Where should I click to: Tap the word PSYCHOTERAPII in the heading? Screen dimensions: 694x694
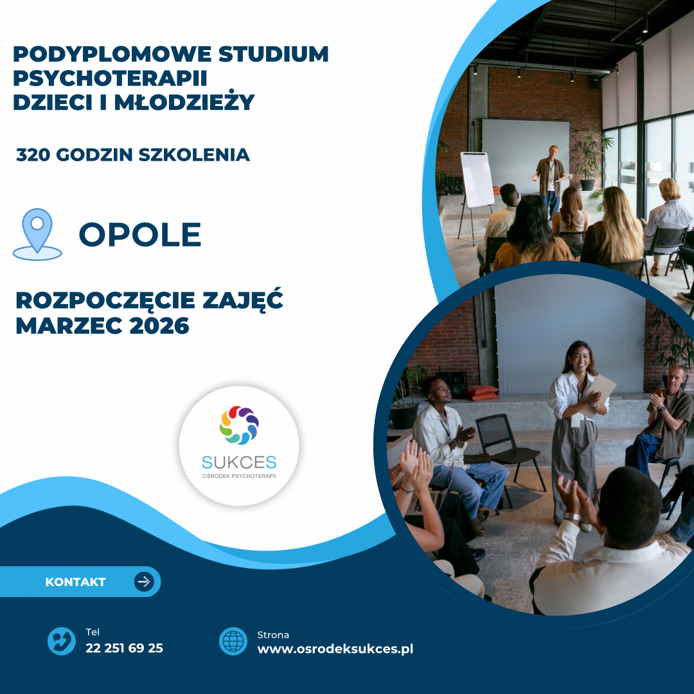click(x=111, y=78)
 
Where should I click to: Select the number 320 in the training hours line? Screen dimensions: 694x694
click(x=33, y=155)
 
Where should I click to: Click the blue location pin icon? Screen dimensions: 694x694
click(x=38, y=234)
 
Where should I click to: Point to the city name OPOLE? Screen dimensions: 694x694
click(x=140, y=235)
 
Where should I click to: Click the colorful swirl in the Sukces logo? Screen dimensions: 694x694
click(x=239, y=425)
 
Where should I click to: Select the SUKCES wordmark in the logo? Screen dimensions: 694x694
click(x=239, y=463)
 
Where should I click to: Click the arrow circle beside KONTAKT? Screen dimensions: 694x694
click(x=145, y=582)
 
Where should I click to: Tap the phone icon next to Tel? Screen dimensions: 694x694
click(x=62, y=641)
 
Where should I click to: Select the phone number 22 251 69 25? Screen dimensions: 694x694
click(x=125, y=648)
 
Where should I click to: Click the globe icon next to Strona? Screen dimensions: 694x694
click(x=233, y=641)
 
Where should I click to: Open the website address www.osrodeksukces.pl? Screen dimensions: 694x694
click(x=335, y=649)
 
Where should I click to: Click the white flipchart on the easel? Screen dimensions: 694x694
click(x=477, y=180)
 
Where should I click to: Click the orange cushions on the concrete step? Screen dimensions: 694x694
click(x=481, y=392)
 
